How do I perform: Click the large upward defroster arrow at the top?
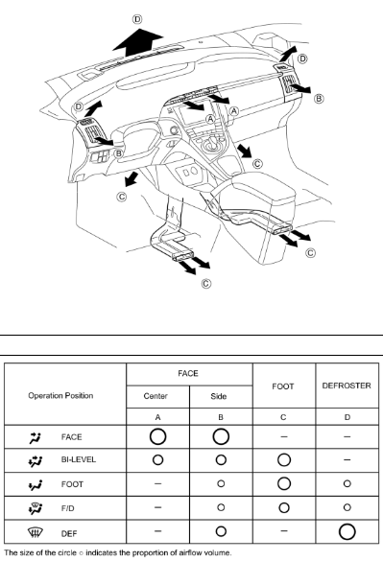[138, 42]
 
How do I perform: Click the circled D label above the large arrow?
[137, 19]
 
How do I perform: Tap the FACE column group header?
[188, 374]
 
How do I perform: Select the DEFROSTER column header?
[347, 386]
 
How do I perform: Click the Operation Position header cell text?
[60, 396]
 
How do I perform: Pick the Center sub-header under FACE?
[156, 396]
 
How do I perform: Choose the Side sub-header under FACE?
[219, 396]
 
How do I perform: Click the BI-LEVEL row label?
[79, 459]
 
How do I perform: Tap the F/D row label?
[68, 508]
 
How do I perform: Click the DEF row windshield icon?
[36, 533]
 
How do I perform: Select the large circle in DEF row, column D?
[347, 531]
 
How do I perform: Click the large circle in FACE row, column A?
[157, 437]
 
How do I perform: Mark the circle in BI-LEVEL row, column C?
[284, 460]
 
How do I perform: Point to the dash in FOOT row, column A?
[157, 484]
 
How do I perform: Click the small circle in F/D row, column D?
[347, 507]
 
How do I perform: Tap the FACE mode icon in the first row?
[36, 437]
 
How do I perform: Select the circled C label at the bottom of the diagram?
[206, 284]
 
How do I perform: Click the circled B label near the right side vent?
[319, 99]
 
